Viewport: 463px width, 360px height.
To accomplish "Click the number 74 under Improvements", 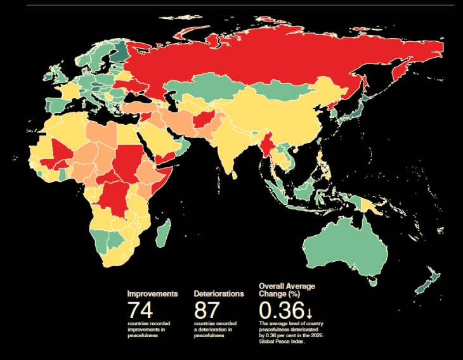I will [x=140, y=311].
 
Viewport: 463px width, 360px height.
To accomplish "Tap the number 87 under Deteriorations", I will [x=207, y=311].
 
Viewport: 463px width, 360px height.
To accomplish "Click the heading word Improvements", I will [x=152, y=294].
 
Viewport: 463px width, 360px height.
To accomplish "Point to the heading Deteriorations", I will [x=218, y=294].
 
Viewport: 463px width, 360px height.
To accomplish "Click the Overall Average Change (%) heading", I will [x=287, y=290].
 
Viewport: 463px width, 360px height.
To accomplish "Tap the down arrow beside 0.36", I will [x=309, y=312].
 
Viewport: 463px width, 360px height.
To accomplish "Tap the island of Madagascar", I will [x=162, y=233].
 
